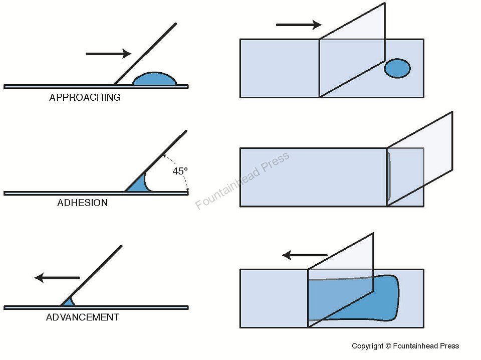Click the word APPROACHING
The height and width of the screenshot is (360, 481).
point(85,98)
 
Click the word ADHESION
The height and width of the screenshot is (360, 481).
point(82,203)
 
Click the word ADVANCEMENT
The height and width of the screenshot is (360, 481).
point(83,317)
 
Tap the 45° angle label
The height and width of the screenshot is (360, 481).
point(180,171)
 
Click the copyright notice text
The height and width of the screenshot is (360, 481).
point(405,346)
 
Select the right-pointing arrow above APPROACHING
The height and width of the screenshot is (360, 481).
point(108,54)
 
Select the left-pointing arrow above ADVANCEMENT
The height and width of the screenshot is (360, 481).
point(57,277)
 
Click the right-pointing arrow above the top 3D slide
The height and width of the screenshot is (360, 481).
point(298,24)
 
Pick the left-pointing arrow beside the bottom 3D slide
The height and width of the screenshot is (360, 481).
point(305,255)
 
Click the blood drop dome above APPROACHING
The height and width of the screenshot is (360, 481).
point(155,79)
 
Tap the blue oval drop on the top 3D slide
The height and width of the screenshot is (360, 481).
point(397,68)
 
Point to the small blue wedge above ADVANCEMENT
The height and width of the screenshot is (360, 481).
point(68,302)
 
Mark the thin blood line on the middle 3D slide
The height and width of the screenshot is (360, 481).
point(389,177)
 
